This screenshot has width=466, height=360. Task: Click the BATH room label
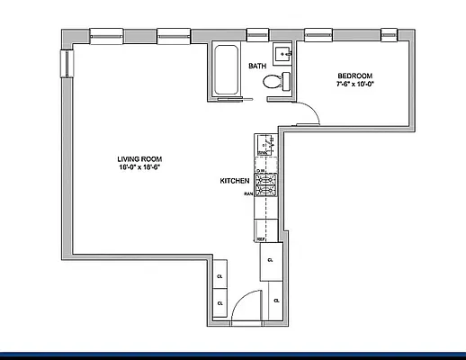[x=258, y=66]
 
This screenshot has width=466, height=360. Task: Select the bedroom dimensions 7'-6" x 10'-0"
[x=354, y=85]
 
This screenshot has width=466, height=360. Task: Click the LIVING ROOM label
[x=139, y=158]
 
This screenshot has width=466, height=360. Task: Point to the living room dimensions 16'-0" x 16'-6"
[x=139, y=167]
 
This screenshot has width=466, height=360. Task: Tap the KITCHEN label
[x=234, y=181]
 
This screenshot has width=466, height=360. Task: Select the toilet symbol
[x=275, y=83]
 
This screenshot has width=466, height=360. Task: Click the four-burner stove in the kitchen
[x=266, y=184]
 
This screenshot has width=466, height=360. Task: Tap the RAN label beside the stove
[x=246, y=193]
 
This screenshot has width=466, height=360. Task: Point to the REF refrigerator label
[x=261, y=239]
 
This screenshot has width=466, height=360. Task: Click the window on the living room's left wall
[x=65, y=63]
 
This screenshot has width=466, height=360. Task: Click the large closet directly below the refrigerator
[x=270, y=263]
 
